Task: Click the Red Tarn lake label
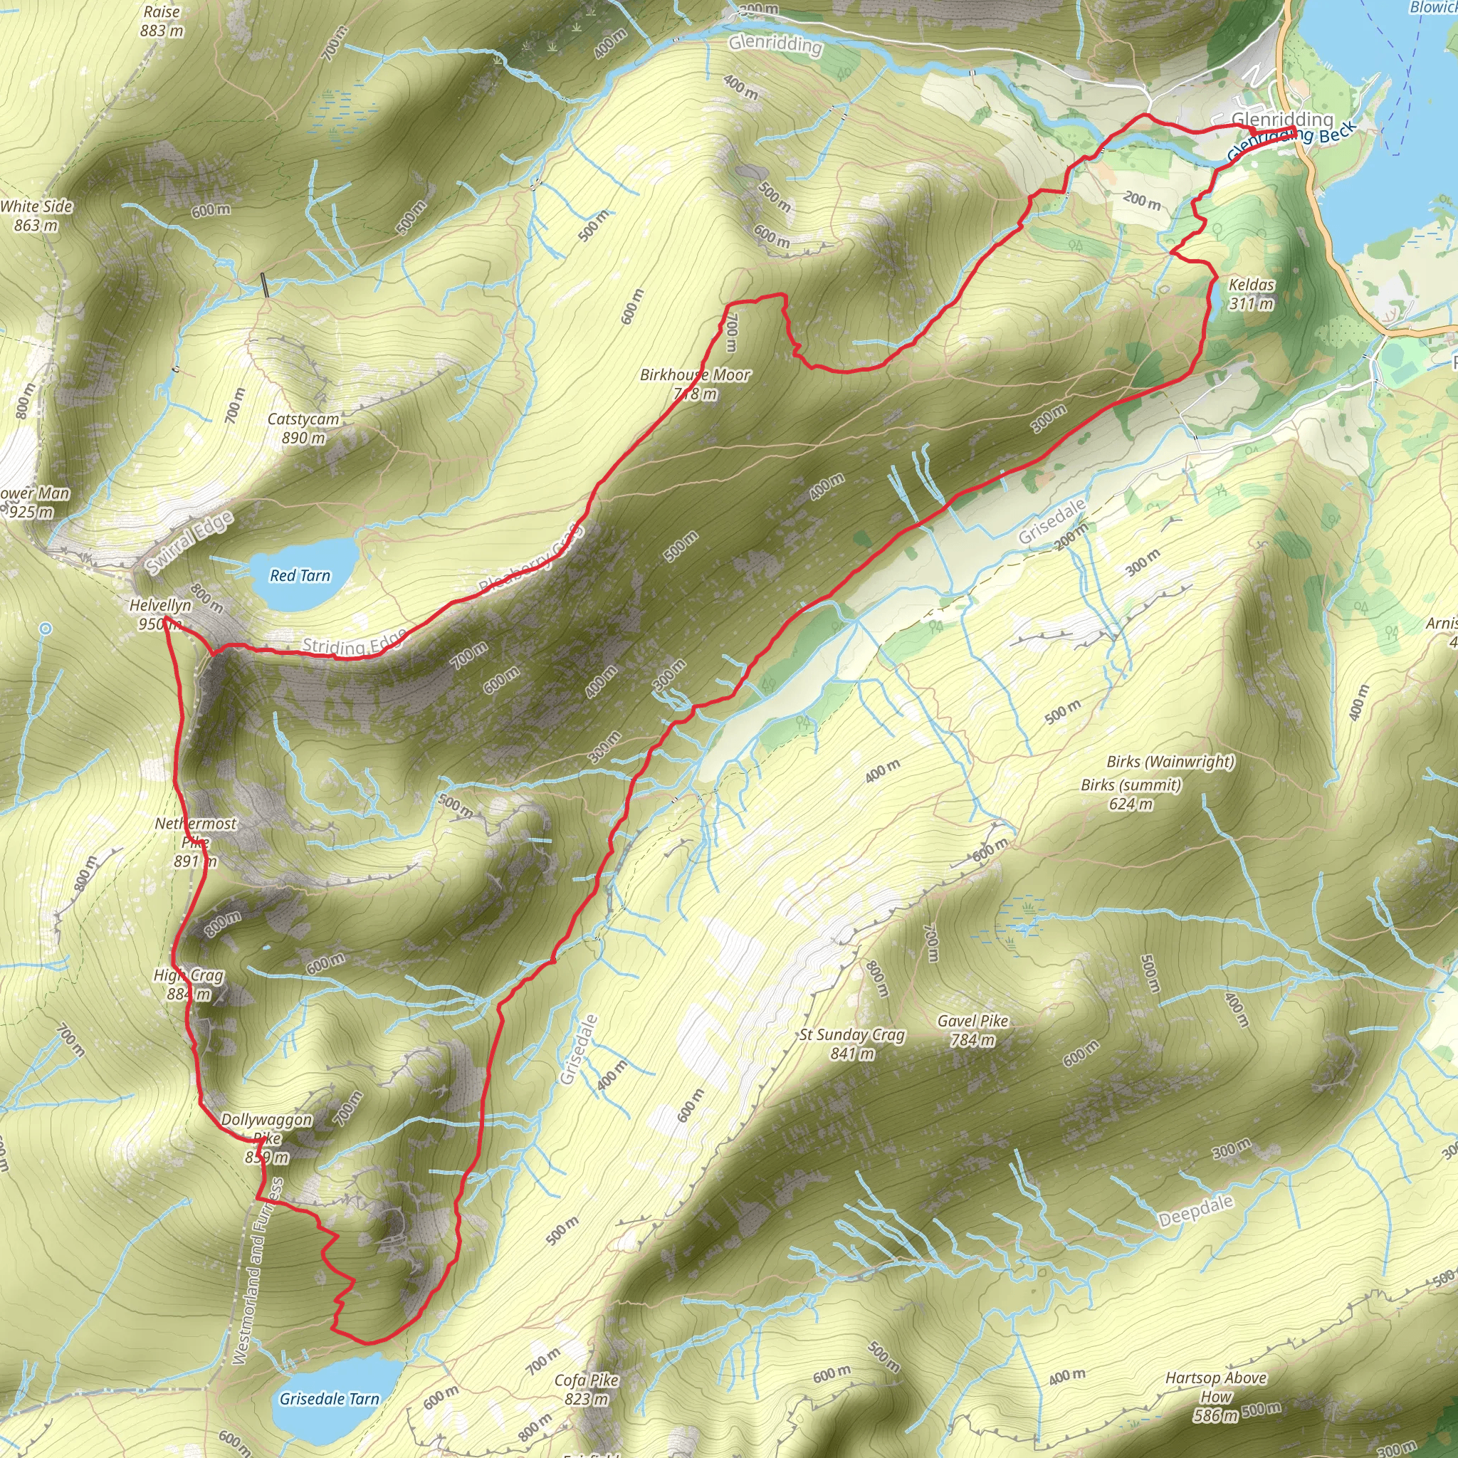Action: pyautogui.click(x=300, y=576)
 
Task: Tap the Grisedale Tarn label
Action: pyautogui.click(x=329, y=1398)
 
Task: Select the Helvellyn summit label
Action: pyautogui.click(x=160, y=614)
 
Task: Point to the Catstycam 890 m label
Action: pyautogui.click(x=303, y=428)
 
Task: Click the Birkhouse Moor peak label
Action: pyautogui.click(x=695, y=384)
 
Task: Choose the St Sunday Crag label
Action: pyautogui.click(x=852, y=1043)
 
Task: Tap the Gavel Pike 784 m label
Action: pyautogui.click(x=972, y=1029)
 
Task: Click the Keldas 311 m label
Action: pyautogui.click(x=1252, y=293)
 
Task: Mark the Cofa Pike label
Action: pyautogui.click(x=587, y=1388)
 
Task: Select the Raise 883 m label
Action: pyautogui.click(x=162, y=21)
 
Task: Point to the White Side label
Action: pyautogui.click(x=36, y=215)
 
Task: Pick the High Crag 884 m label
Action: pyautogui.click(x=189, y=984)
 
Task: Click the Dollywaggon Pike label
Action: pyautogui.click(x=266, y=1137)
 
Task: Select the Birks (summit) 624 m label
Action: pyautogui.click(x=1131, y=794)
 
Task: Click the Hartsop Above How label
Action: pyautogui.click(x=1216, y=1395)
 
